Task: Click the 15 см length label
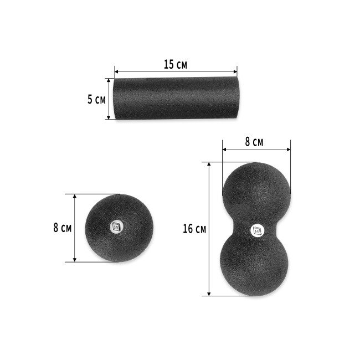click(176, 64)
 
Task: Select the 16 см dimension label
click(194, 229)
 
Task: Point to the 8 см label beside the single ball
click(62, 227)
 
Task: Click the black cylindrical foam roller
click(176, 100)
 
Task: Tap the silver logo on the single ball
click(116, 226)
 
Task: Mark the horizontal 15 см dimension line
click(176, 71)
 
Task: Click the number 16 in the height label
click(188, 229)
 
